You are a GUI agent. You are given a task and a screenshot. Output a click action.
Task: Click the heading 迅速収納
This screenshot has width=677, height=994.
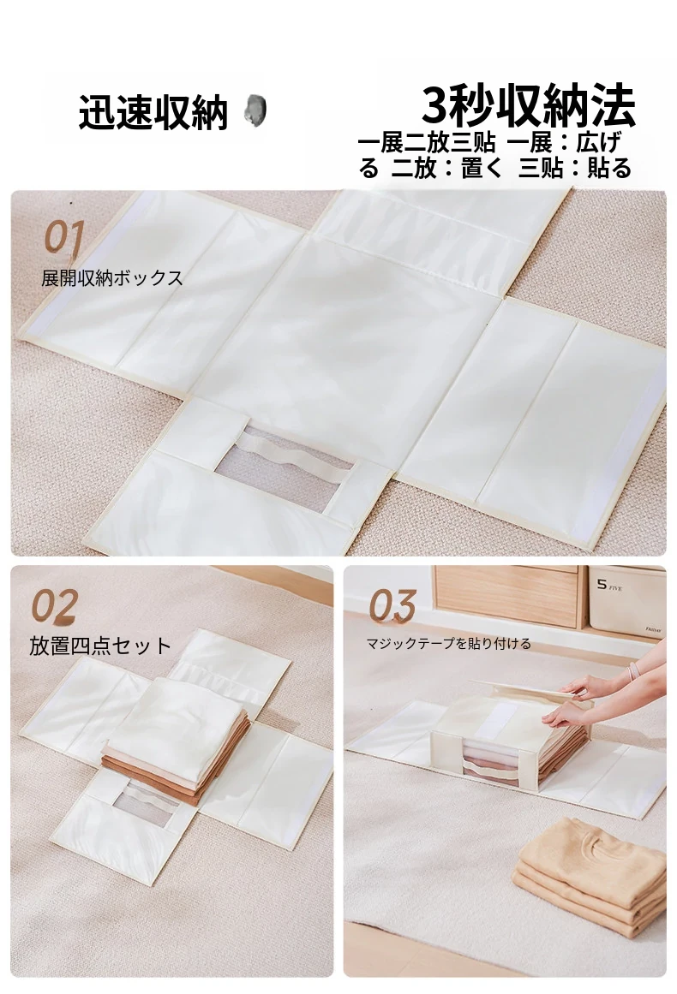pyautogui.click(x=153, y=113)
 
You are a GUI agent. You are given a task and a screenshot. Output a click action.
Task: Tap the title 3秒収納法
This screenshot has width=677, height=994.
pyautogui.click(x=528, y=106)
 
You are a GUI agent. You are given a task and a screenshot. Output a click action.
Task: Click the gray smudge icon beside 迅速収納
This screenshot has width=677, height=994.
pyautogui.click(x=255, y=110)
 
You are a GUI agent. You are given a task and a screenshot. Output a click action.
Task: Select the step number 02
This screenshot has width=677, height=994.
pyautogui.click(x=55, y=605)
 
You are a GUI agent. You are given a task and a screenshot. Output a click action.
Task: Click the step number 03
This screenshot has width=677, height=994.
pyautogui.click(x=392, y=605)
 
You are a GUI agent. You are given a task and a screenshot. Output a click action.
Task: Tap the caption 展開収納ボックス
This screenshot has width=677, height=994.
pyautogui.click(x=111, y=278)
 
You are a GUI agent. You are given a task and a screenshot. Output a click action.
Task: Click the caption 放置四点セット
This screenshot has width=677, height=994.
pyautogui.click(x=100, y=646)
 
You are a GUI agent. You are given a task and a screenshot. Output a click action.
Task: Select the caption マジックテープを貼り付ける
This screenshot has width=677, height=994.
pyautogui.click(x=448, y=644)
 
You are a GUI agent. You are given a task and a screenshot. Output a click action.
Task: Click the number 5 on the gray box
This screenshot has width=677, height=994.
pyautogui.click(x=602, y=585)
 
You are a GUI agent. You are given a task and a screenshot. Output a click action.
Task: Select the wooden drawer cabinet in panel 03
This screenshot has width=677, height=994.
pyautogui.click(x=507, y=596)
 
